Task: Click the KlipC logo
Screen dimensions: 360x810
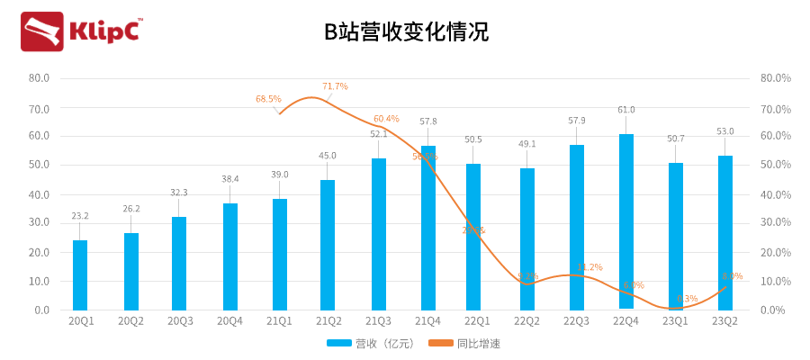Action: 81,31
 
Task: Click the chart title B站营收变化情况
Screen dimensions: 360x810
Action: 406,33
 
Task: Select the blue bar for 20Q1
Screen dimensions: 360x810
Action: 80,274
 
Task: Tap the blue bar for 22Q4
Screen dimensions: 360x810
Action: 626,221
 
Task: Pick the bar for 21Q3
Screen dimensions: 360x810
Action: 379,234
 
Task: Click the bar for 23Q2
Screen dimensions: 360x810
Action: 724,232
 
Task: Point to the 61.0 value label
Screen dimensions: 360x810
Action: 626,110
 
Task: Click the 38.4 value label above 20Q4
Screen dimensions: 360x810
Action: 230,179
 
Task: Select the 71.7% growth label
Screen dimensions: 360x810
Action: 335,86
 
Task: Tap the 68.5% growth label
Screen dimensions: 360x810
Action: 268,99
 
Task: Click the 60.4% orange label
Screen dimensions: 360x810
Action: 386,119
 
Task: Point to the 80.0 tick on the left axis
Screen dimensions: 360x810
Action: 40,78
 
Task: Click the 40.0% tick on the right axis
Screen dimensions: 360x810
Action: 775,194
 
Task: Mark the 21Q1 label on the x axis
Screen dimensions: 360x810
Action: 279,320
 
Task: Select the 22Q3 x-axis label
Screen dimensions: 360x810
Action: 576,320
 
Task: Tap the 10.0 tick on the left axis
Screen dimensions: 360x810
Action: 40,281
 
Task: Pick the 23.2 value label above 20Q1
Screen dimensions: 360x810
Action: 80,216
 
